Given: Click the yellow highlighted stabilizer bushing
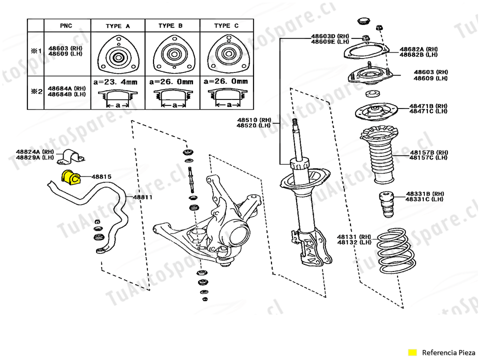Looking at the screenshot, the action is click(x=70, y=177).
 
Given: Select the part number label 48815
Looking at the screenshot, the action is click(x=101, y=176).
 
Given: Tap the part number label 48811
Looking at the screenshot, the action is click(x=142, y=197).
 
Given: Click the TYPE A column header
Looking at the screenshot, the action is click(x=118, y=26).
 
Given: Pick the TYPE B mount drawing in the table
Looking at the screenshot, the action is click(x=174, y=55).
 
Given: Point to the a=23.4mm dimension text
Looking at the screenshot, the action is click(x=115, y=82).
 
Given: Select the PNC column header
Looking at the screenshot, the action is click(x=66, y=25).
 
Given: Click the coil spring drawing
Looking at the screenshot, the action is click(x=396, y=251).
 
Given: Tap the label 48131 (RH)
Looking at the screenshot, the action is click(x=354, y=237).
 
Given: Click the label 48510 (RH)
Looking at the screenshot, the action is click(x=254, y=120).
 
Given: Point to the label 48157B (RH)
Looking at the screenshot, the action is click(x=429, y=152).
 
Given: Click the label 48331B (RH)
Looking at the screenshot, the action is click(x=425, y=194).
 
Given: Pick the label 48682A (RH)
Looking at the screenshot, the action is click(x=419, y=49).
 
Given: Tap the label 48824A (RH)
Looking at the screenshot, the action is click(x=35, y=152).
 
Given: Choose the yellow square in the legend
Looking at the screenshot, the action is click(x=412, y=352).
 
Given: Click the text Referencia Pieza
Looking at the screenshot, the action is click(x=448, y=352).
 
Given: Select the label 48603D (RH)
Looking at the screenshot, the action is click(x=330, y=36).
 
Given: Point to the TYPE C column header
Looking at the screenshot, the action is click(x=226, y=25).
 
